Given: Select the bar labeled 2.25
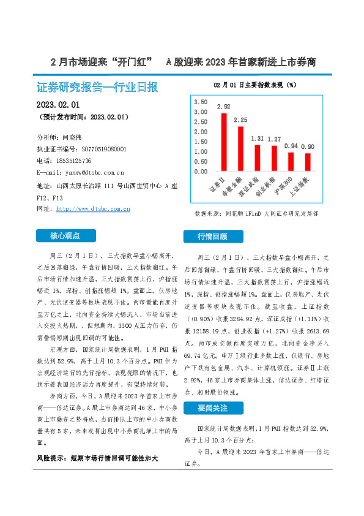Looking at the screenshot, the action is pos(240,149).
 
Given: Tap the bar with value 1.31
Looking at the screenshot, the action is pos(258,158).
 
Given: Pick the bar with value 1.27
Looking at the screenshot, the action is pos(274,159).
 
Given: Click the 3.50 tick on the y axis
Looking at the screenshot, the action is pos(201,102).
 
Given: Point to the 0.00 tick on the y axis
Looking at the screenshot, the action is pos(201,172).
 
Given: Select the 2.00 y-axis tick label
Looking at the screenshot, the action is pos(201,132).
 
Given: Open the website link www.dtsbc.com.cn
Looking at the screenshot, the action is pos(92,209).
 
